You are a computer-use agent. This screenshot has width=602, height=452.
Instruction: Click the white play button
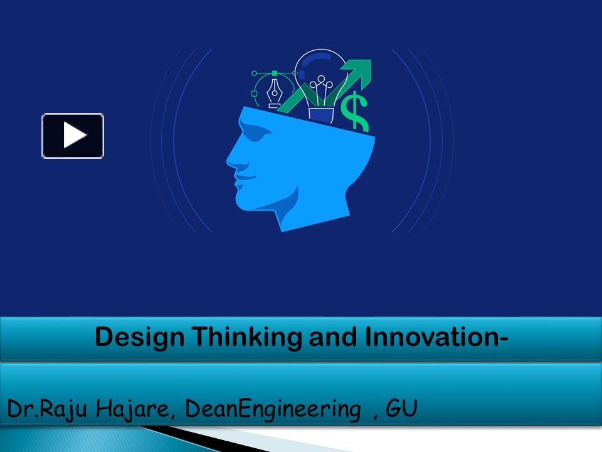(x=73, y=136)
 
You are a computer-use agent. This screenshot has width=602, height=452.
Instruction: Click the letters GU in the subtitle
(x=402, y=409)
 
